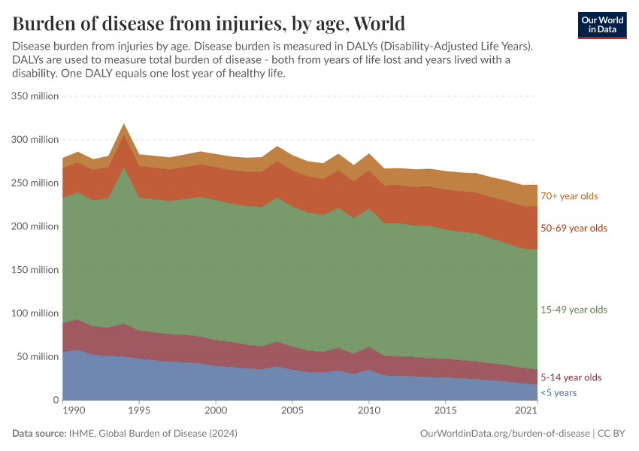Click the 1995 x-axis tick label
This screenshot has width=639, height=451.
(139, 411)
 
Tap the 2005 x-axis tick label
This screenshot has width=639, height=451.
(292, 411)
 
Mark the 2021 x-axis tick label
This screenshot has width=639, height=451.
(526, 411)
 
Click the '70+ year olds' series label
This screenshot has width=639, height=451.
(569, 196)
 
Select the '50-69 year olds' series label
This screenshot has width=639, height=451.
(574, 228)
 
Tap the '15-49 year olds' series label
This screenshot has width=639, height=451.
(574, 310)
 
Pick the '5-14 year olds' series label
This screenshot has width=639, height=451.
(571, 377)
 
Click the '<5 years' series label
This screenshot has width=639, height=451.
(559, 392)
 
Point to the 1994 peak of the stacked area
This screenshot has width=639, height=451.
(124, 125)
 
